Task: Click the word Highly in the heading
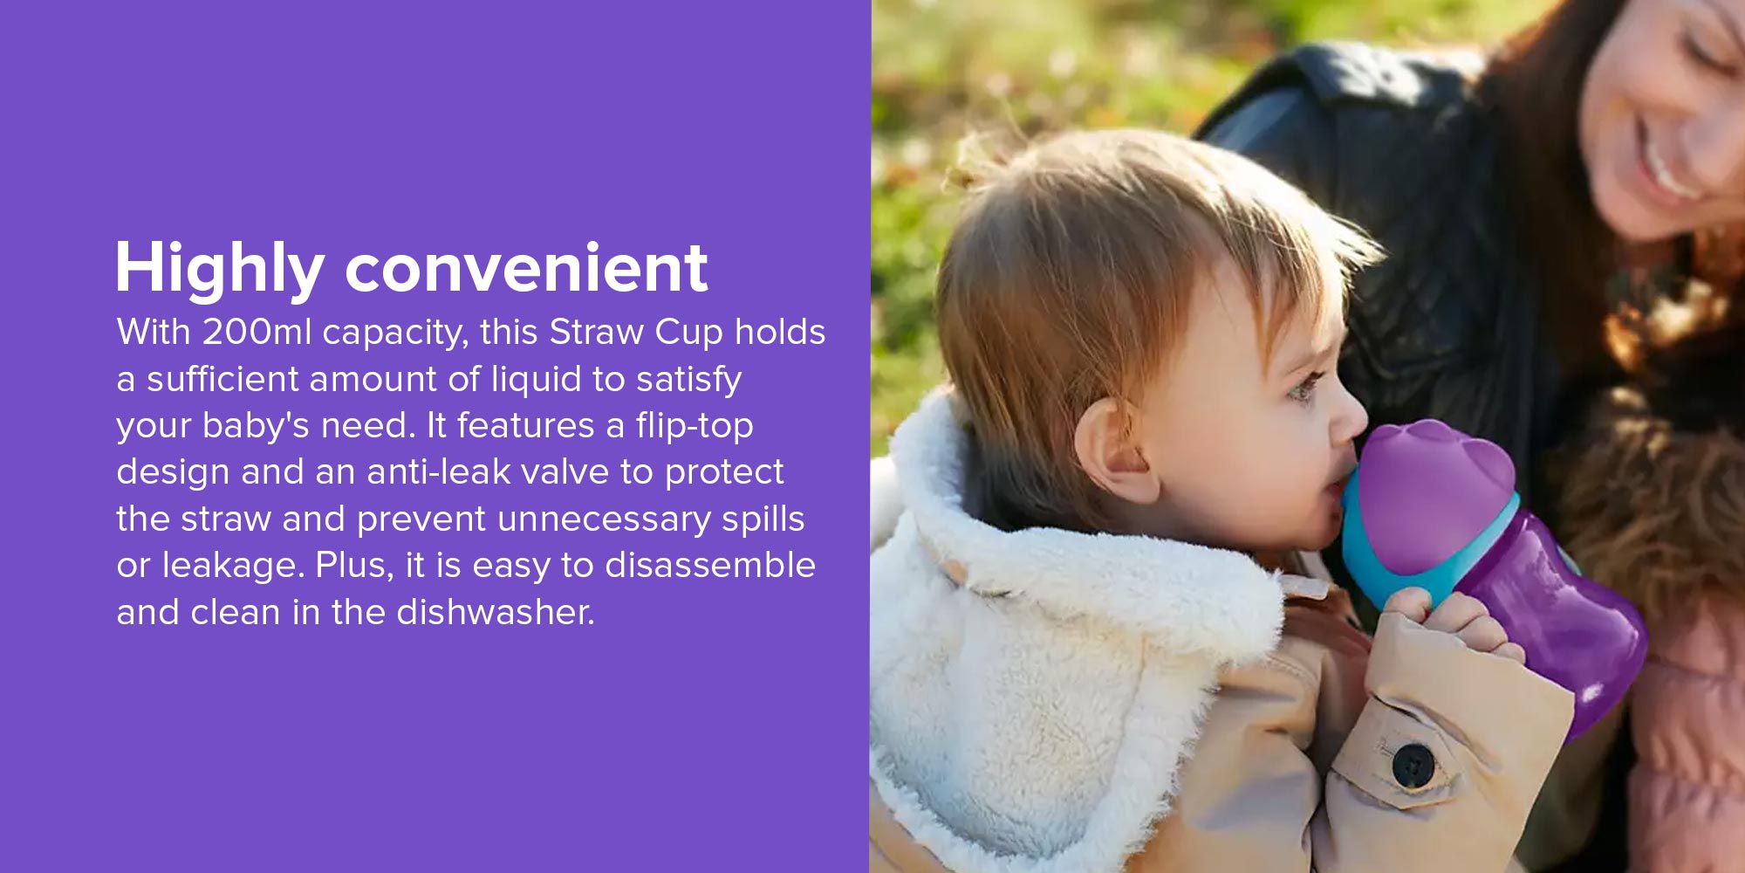220,270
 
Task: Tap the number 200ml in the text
257,332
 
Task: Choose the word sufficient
222,379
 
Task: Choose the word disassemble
710,565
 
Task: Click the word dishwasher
495,612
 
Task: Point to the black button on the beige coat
1413,766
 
